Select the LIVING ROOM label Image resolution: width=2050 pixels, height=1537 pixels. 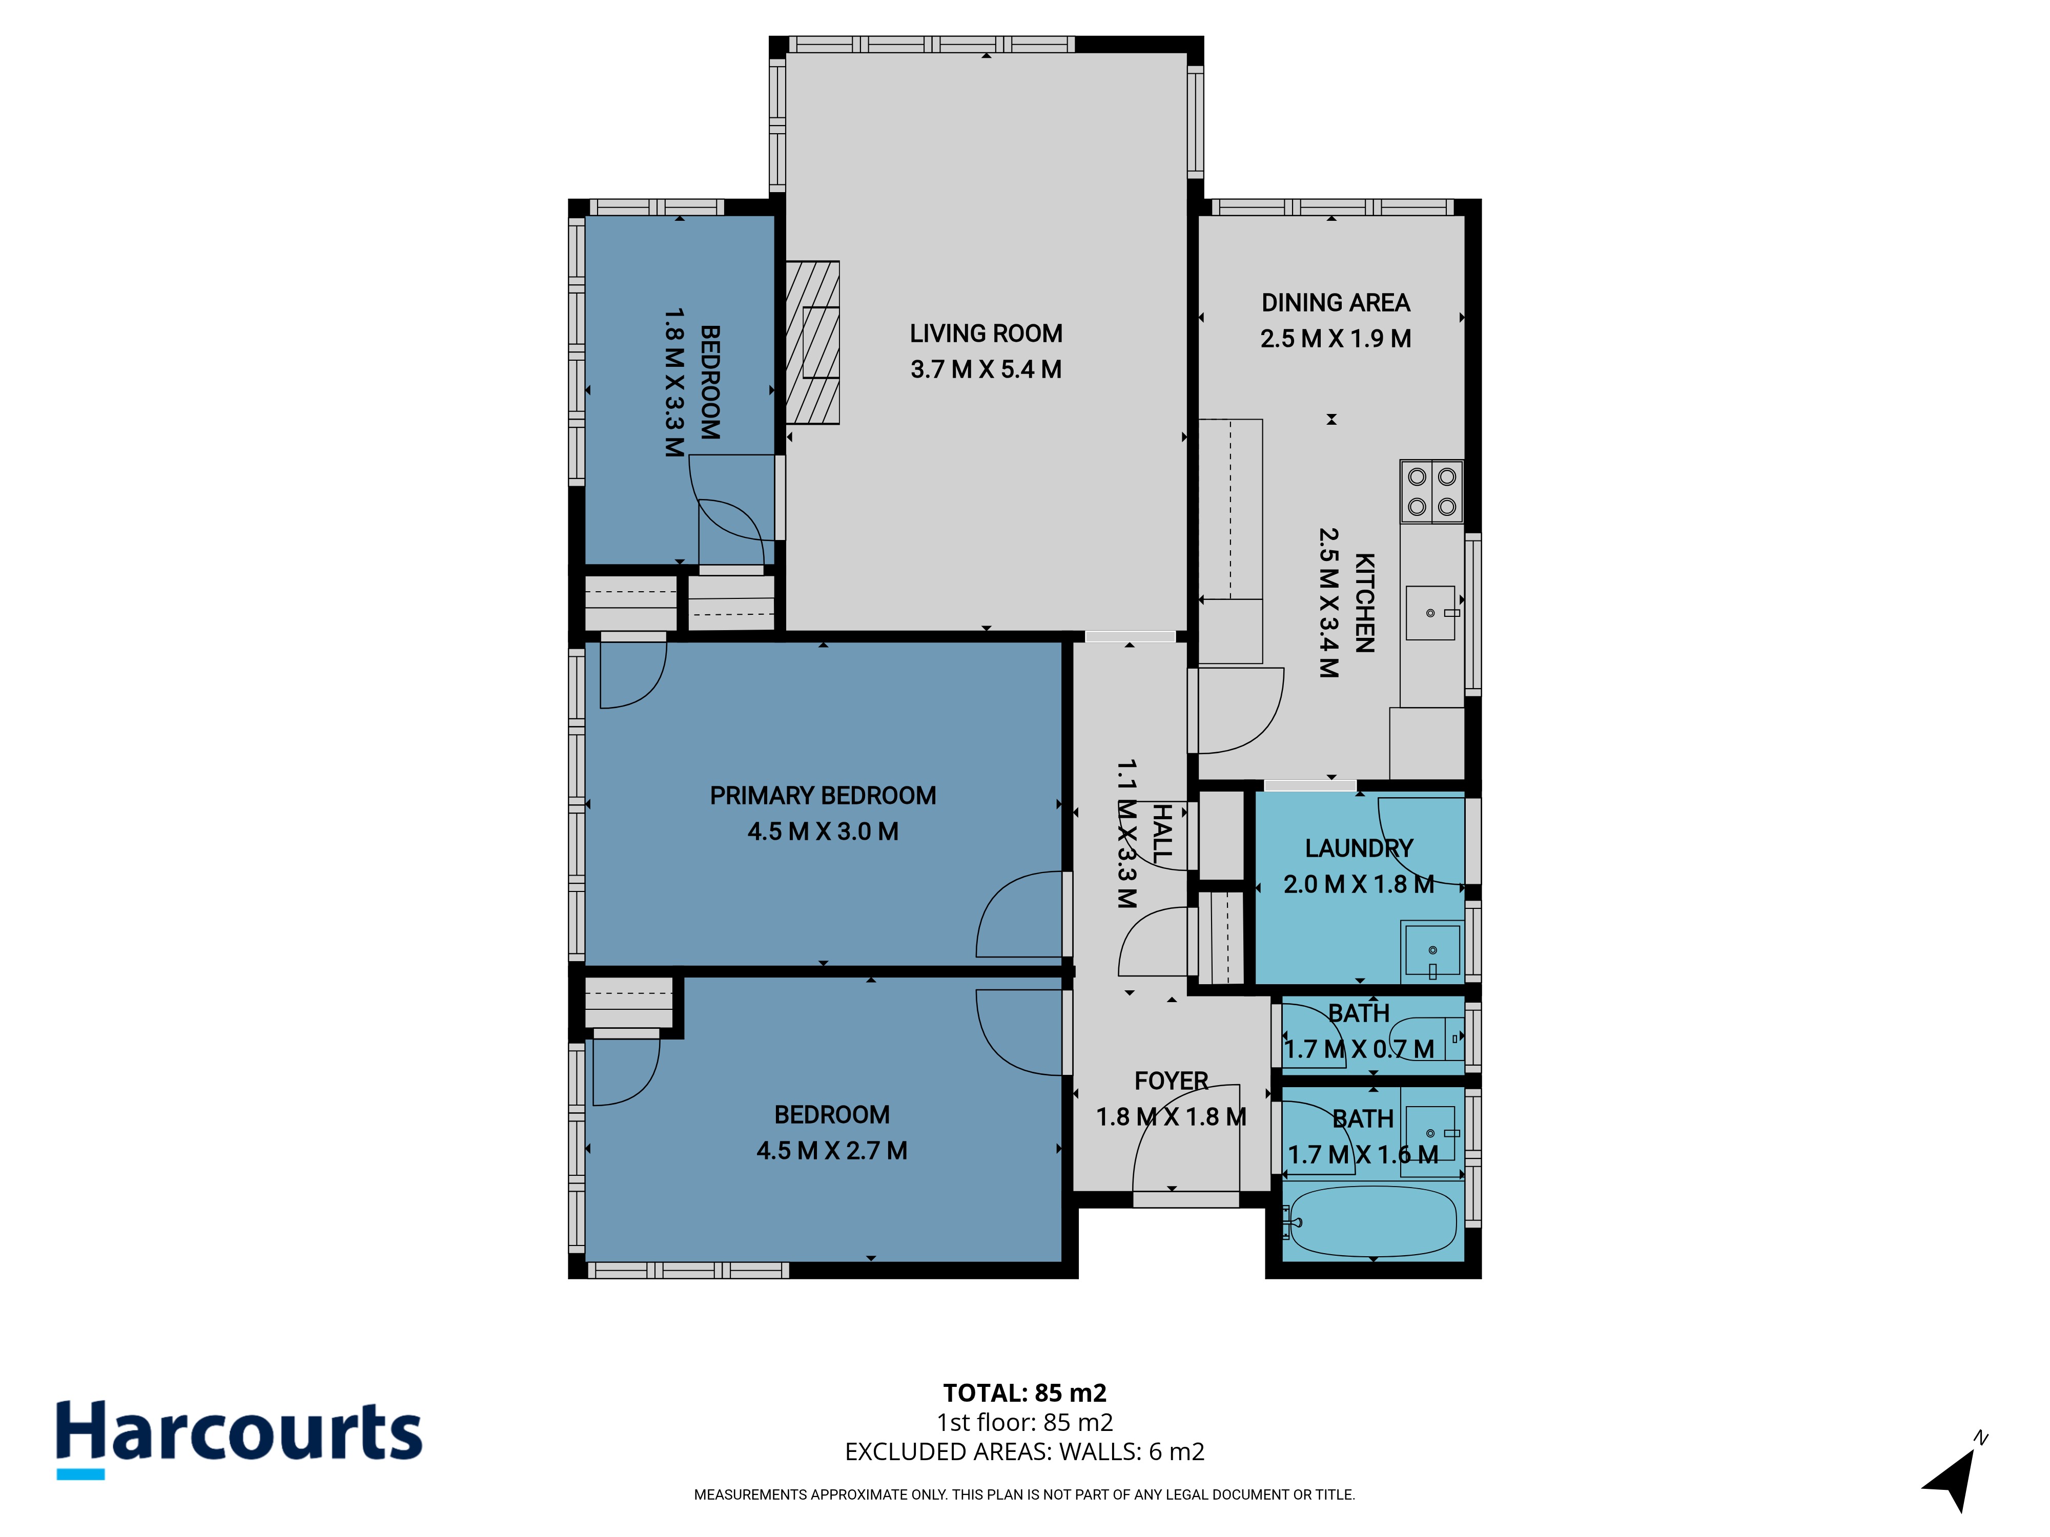pos(986,334)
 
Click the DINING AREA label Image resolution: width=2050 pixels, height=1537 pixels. pos(1336,303)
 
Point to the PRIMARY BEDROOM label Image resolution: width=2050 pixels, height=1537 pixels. pos(823,796)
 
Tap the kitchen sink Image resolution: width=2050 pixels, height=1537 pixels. pos(1431,612)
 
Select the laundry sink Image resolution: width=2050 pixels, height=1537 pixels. pos(1432,950)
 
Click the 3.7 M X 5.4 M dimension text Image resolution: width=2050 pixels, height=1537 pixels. pos(986,370)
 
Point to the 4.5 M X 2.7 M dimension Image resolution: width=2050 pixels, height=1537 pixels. pos(832,1151)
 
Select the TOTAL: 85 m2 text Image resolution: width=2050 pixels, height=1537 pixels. pos(1025,1394)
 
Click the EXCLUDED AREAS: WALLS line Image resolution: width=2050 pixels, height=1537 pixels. pos(1025,1452)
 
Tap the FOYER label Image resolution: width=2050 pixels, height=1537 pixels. pos(1172,1081)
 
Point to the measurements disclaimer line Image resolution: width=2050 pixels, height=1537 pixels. pos(1025,1494)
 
